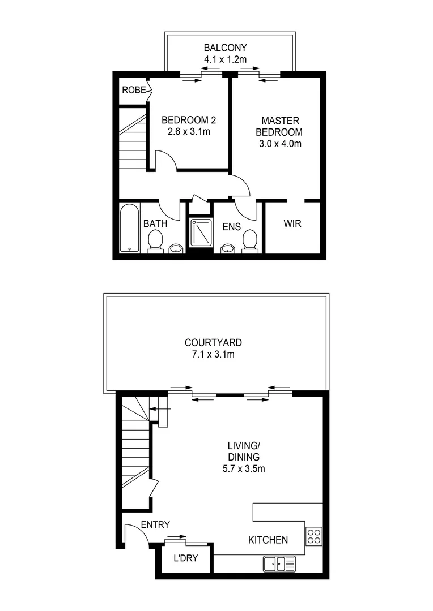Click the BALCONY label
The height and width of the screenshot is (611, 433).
pos(226,48)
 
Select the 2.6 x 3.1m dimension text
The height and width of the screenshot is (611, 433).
pos(189,132)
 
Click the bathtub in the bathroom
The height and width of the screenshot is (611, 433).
pos(129,228)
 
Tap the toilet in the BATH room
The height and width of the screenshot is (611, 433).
pos(154,242)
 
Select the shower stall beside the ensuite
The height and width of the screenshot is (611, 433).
pos(200,233)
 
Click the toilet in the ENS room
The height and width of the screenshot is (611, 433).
pos(249,240)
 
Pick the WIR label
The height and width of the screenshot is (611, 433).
pos(292,224)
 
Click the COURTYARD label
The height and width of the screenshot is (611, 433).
pos(213,342)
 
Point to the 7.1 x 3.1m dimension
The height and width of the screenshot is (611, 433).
pos(213,355)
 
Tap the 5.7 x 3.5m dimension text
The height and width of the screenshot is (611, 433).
pos(244,468)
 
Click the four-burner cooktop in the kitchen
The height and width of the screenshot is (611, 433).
pos(313,535)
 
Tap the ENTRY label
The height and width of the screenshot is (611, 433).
pos(155,525)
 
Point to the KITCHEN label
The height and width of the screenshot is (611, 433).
pos(268,540)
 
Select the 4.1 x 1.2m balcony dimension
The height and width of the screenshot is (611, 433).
pos(226,59)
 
